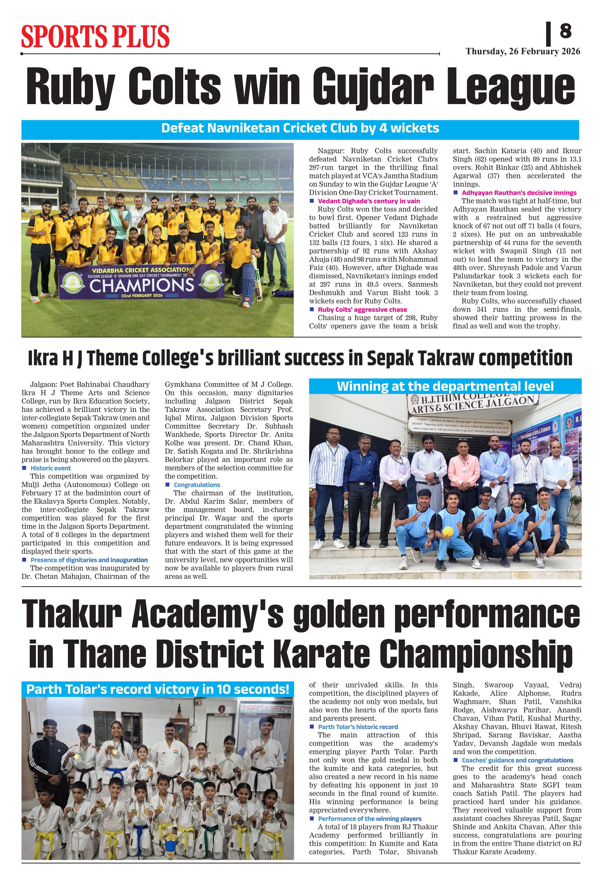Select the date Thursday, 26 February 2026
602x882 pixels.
523,52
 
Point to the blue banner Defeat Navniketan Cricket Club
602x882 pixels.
300,128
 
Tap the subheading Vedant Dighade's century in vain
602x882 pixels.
369,201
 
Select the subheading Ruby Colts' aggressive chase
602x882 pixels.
362,310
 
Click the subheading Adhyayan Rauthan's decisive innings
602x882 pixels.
519,193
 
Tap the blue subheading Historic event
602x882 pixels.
51,468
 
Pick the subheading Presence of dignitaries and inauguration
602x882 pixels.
89,560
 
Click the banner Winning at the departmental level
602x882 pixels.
445,386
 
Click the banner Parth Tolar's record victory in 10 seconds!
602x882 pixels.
158,689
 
